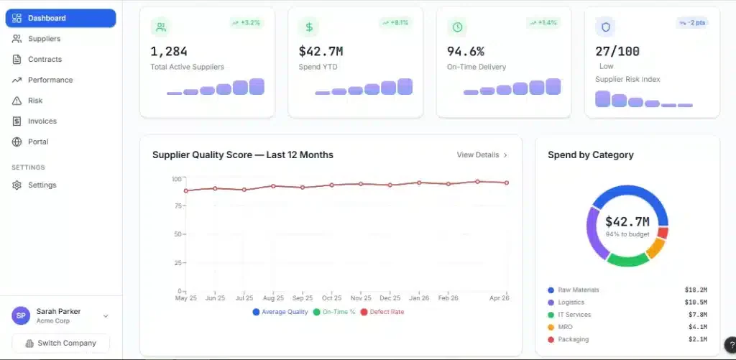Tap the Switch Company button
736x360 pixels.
[x=60, y=343]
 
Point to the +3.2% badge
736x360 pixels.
[x=247, y=22]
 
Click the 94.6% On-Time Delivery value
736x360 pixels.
[x=466, y=51]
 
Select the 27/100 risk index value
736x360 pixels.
[x=617, y=51]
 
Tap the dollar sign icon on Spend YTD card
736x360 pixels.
[x=309, y=27]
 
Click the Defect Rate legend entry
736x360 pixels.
[x=382, y=312]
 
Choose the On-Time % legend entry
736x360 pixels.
[x=334, y=312]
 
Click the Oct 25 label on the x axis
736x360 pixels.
[x=331, y=298]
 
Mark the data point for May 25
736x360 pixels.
[x=186, y=190]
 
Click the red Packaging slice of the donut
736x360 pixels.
[x=663, y=233]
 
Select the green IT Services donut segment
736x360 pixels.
[x=627, y=259]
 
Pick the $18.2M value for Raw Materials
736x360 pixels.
[x=696, y=290]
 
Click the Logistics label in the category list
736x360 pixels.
[x=571, y=303]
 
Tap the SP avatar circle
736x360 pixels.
[x=21, y=316]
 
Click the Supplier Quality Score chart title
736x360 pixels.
[x=243, y=155]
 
